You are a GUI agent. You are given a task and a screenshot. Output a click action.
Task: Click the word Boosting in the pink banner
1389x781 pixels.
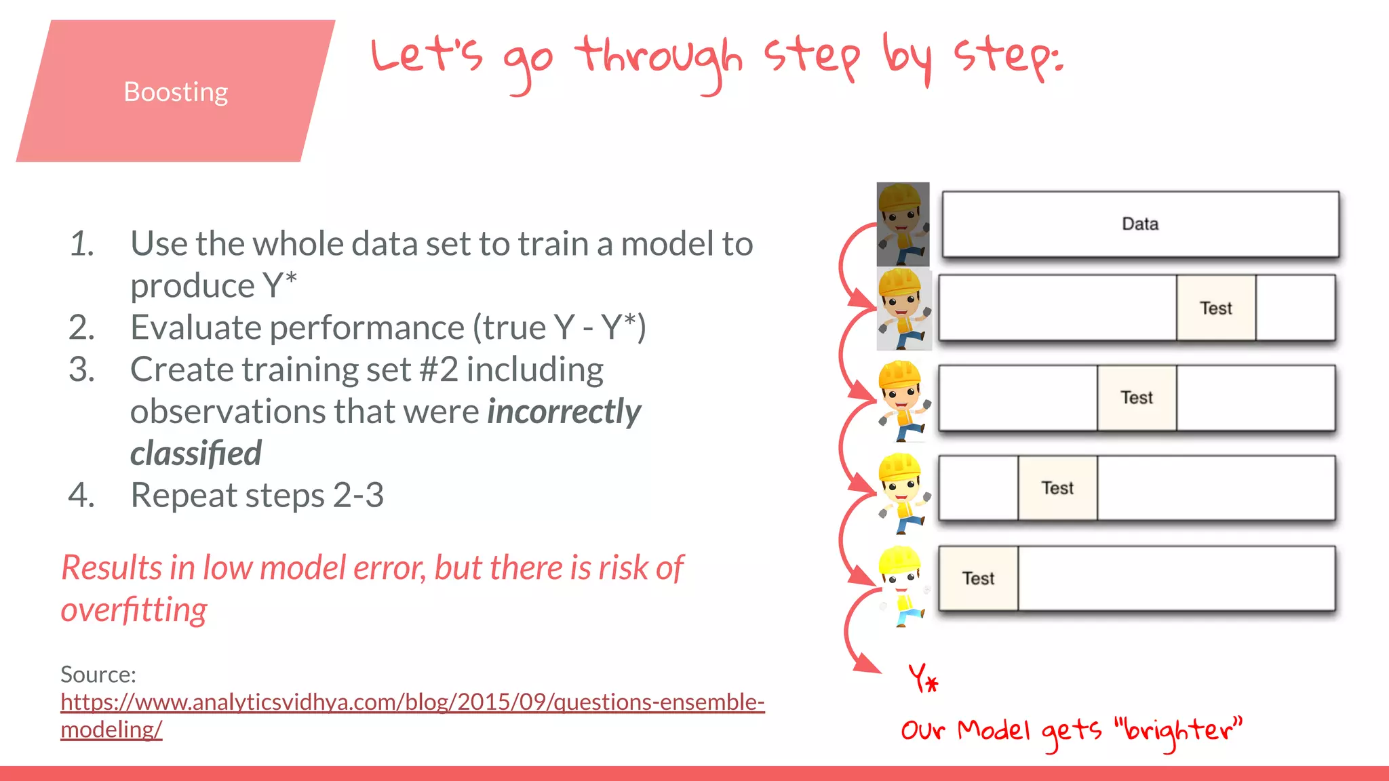coord(176,92)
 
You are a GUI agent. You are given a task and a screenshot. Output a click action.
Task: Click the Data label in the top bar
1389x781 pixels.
coord(1140,224)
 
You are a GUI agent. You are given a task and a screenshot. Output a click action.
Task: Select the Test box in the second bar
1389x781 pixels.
coord(1215,308)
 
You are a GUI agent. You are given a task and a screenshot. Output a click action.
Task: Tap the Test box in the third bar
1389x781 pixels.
coord(1137,398)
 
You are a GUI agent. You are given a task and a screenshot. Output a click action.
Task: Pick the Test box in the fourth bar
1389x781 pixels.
coord(1057,488)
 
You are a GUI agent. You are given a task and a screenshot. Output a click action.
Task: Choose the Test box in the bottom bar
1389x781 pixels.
coord(978,578)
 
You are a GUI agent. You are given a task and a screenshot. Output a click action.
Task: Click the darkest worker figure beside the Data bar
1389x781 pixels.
coord(903,224)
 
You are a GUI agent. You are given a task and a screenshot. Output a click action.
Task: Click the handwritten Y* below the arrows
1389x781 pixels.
coord(923,679)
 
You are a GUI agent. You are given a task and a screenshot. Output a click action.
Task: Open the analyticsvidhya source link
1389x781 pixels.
coord(412,702)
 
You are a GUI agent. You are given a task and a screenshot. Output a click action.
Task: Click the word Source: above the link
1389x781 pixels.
coord(98,675)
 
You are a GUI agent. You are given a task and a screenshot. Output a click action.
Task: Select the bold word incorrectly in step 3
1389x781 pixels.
coord(564,412)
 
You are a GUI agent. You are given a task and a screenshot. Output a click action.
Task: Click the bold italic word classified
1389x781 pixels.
coord(195,454)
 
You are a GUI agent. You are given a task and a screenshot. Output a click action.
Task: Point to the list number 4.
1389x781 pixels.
coord(81,495)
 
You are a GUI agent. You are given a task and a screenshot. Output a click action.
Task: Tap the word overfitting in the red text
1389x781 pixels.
coord(134,609)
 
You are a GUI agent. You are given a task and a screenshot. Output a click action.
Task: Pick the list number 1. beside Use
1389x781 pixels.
coord(82,244)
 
